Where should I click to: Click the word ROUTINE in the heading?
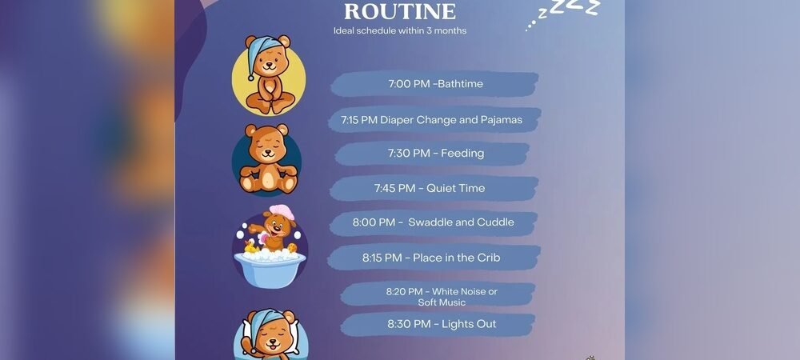(399, 12)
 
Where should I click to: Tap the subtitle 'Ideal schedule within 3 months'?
(399, 31)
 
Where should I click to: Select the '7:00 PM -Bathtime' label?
(435, 84)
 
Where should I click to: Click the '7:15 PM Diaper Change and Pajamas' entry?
(431, 120)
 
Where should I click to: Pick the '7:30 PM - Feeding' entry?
(435, 154)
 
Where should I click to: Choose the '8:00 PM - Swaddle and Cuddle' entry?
(433, 222)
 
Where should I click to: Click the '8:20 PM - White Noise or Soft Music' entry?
(441, 297)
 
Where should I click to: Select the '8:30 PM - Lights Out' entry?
(441, 324)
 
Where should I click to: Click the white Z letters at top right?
(570, 10)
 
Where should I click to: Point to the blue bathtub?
(268, 268)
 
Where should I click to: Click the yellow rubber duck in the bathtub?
(249, 250)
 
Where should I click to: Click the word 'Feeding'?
(462, 154)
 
